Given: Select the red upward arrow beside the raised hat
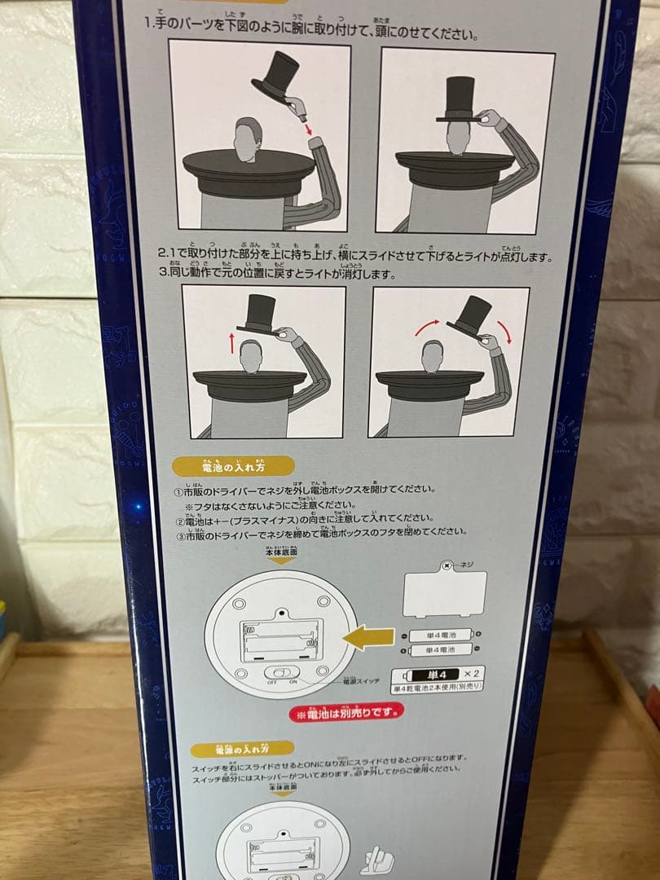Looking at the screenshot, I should coord(233,341).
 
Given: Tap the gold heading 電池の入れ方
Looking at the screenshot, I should coord(231,466).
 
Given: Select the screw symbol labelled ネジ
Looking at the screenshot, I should coord(447,565).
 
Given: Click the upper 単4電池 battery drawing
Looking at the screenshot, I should coord(439,636).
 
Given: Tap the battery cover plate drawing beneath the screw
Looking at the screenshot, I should coord(444,593).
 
